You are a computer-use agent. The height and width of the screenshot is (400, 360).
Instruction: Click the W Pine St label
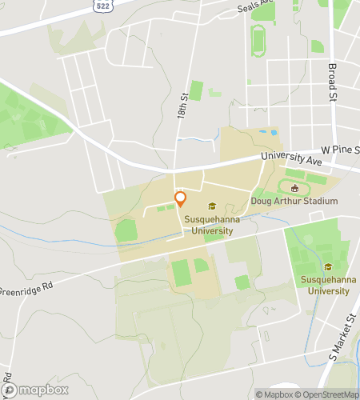coord(339,150)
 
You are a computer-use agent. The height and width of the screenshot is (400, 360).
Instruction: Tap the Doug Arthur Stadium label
coord(294,201)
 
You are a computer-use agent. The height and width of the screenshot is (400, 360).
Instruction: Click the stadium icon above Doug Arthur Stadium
coord(294,189)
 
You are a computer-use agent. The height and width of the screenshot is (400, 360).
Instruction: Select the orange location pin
coord(181,198)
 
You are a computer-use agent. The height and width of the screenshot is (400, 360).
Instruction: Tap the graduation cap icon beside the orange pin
coord(212,206)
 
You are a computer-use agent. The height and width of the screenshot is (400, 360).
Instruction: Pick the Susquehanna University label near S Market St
coord(326,285)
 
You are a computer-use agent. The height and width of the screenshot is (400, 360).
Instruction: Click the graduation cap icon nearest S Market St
coord(326,267)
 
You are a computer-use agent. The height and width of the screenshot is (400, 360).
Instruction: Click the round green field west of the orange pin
coord(126,232)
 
